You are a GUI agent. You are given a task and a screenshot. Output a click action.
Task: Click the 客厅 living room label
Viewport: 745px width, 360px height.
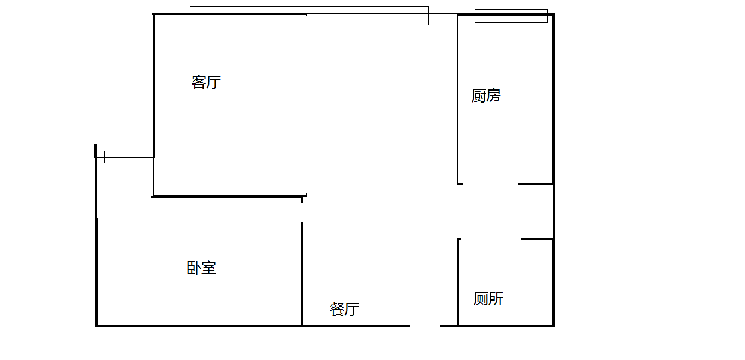pos(206,82)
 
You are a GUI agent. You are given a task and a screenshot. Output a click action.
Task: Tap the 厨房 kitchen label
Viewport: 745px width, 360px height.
pos(486,96)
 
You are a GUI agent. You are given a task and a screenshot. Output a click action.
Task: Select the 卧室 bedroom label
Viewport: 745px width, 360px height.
pos(201,268)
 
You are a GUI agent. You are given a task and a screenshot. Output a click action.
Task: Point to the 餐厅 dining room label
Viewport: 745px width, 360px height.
pos(344,309)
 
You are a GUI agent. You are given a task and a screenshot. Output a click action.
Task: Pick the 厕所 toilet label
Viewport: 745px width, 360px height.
pos(488,299)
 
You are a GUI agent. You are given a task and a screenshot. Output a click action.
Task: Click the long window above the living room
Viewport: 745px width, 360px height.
pos(309,15)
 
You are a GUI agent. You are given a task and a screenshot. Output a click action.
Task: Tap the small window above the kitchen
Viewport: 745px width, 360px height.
pos(511,16)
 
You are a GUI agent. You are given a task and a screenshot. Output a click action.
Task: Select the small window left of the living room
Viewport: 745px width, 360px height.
pos(125,157)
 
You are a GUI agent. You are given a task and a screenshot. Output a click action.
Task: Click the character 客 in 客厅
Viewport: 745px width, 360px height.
pos(199,82)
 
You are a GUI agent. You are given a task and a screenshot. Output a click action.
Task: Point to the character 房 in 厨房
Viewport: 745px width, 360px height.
pos(493,96)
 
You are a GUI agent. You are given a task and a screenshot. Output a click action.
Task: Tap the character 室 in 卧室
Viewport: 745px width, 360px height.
pos(209,268)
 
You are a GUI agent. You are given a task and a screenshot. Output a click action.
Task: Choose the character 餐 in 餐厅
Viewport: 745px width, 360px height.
pos(337,309)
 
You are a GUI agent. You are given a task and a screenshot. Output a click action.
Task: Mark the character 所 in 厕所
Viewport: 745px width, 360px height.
pos(496,299)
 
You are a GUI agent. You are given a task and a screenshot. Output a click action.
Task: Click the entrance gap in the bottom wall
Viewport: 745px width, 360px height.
pos(425,326)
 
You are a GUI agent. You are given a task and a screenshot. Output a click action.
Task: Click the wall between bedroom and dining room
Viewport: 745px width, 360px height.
pos(302,273)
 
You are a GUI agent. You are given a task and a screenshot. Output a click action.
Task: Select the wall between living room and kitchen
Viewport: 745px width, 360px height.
pos(457,98)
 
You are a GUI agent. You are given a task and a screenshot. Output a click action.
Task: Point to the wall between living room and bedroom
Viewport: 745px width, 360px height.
pos(229,196)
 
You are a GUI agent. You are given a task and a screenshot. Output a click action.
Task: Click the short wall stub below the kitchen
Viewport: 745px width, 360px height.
pos(535,184)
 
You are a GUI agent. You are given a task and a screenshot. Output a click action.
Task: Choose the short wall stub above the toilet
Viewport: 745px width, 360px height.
pos(537,239)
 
